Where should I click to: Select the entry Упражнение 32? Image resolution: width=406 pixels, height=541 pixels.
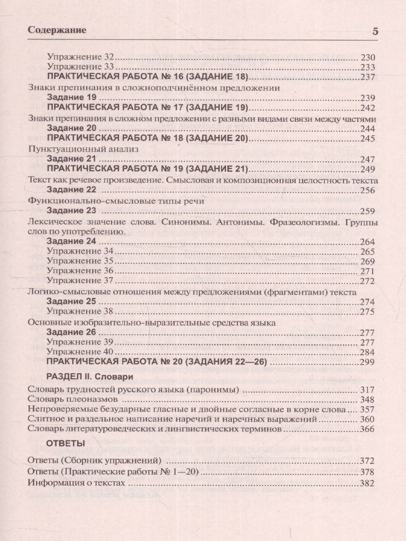click(82, 58)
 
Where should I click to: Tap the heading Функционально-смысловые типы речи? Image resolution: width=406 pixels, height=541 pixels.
click(116, 201)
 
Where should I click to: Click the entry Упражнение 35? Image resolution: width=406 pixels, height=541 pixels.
click(82, 261)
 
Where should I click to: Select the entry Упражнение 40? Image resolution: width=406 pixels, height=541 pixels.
click(82, 352)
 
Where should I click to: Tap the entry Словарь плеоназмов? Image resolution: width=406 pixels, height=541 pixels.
click(73, 400)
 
